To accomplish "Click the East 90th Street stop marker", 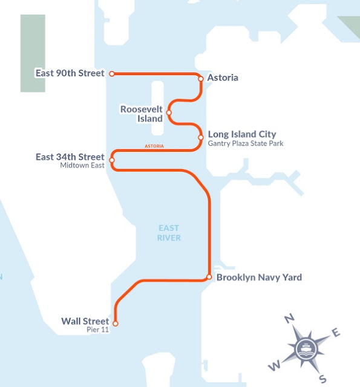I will tap(111, 74).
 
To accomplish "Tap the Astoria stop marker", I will tap(201, 78).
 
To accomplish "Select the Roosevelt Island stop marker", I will tap(169, 112).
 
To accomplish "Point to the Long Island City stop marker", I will tap(201, 137).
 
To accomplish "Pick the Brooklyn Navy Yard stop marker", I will tap(209, 278).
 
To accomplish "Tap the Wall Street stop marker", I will tap(115, 324).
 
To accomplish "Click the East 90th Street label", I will tap(70, 74).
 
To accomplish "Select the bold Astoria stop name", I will tap(223, 78).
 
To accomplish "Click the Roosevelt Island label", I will tap(142, 114).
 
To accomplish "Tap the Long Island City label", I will tap(242, 134).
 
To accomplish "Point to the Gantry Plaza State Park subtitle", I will tap(246, 144).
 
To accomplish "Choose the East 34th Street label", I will tap(70, 157).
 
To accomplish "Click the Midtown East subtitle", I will tap(82, 166).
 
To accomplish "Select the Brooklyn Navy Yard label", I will tap(259, 278).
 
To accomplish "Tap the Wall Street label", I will tap(85, 321).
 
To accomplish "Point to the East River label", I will tap(169, 233).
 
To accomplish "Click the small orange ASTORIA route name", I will tap(154, 147).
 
